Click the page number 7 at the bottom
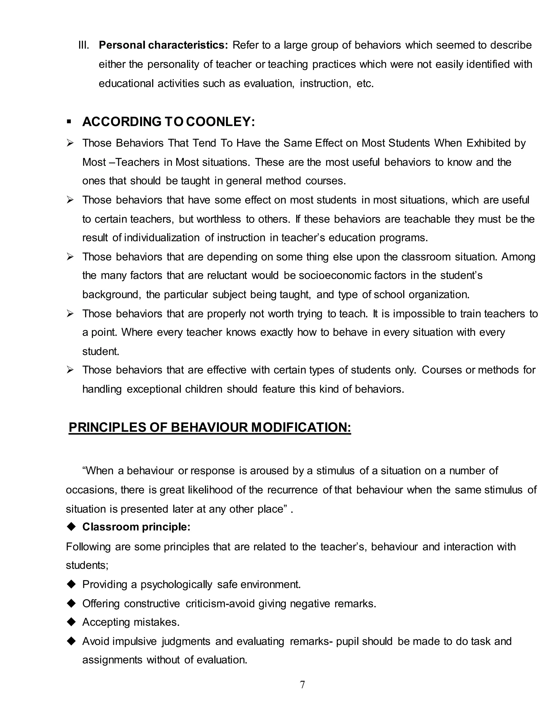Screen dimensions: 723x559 click(302, 684)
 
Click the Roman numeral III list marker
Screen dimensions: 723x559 click(84, 45)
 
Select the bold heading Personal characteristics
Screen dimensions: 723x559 click(163, 45)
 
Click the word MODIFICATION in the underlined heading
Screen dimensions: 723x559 click(301, 427)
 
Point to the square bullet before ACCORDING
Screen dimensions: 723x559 click(69, 122)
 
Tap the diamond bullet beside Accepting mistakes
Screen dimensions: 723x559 click(71, 622)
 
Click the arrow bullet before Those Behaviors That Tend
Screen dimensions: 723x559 click(70, 143)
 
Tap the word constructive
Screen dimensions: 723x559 click(152, 604)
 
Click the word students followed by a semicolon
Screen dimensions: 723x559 click(87, 565)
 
